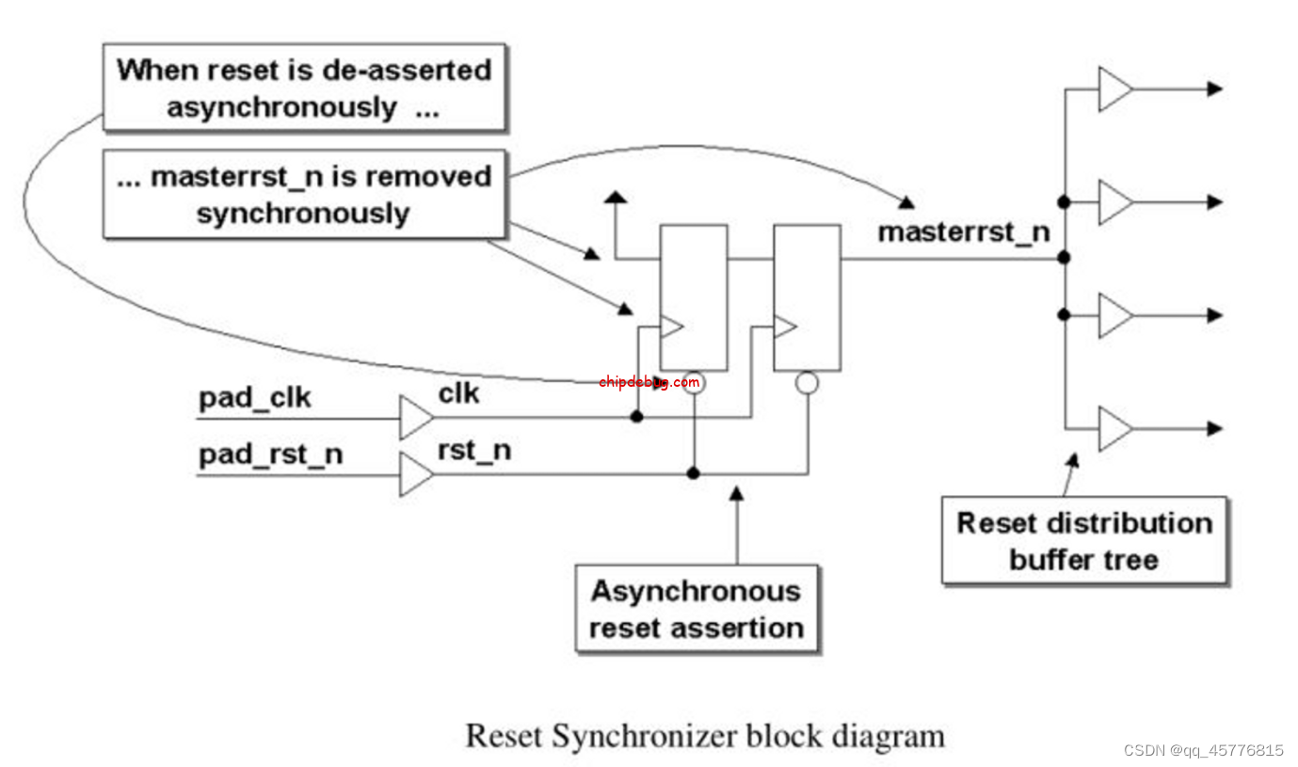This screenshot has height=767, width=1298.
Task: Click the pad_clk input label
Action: point(254,398)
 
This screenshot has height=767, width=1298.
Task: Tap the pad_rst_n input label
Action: point(270,455)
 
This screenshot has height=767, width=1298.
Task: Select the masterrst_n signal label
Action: point(963,232)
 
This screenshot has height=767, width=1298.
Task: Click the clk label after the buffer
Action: point(458,393)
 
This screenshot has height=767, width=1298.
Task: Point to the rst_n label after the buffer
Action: point(474,450)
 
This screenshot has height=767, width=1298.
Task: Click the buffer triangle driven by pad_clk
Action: point(415,418)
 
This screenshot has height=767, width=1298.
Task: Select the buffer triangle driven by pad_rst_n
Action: point(415,474)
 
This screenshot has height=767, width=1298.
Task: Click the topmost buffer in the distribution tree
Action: point(1114,89)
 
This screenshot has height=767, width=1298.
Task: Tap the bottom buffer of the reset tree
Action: point(1114,428)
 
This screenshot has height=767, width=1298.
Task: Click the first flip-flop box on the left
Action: point(694,297)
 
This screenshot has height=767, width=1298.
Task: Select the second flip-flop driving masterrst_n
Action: point(807,297)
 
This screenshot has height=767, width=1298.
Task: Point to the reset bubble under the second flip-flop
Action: point(807,382)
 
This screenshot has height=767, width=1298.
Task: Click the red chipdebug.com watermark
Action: point(649,382)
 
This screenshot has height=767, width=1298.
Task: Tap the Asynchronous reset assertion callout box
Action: point(697,609)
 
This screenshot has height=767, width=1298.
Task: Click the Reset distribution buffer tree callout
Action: point(1084,540)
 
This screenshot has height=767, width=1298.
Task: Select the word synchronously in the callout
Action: point(303,213)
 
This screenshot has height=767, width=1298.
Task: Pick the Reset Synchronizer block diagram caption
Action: point(705,735)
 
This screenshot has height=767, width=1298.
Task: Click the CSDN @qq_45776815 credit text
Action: point(1203,750)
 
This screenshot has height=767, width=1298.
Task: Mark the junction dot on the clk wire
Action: point(637,416)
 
